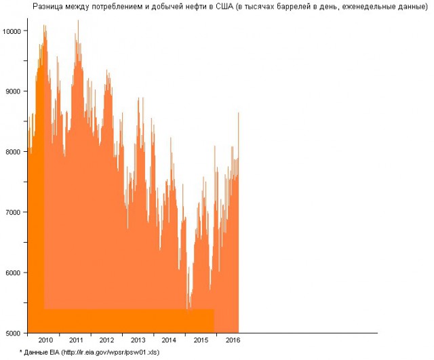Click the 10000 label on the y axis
tap(12, 31)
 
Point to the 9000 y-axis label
tap(14, 92)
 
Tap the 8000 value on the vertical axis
tap(14, 152)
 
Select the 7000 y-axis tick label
tap(14, 212)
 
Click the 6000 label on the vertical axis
tap(14, 273)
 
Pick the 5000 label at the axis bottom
tap(14, 333)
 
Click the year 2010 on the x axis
tap(45, 340)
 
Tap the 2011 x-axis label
tap(76, 340)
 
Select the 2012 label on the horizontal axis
tap(107, 340)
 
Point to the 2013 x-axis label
tap(138, 340)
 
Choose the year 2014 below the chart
tap(169, 340)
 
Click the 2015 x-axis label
tap(201, 340)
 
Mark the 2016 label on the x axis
tap(233, 340)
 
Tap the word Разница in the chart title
tap(48, 6)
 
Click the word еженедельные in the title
tap(372, 6)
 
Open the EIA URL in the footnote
tap(111, 353)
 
